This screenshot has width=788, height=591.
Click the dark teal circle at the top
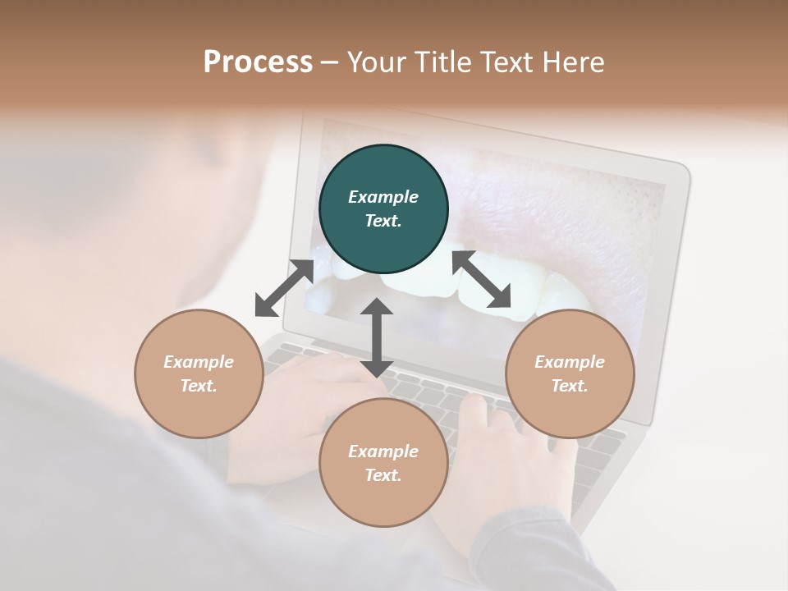tap(383, 209)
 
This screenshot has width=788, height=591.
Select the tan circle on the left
tap(199, 373)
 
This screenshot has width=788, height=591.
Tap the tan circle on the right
tap(570, 373)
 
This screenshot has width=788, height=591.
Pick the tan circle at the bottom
tap(383, 463)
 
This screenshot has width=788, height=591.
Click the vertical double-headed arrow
tap(377, 338)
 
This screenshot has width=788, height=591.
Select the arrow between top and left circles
tap(284, 288)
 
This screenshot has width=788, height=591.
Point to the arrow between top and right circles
tap(482, 280)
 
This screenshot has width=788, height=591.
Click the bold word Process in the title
tap(258, 62)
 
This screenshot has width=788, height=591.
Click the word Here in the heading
tap(573, 62)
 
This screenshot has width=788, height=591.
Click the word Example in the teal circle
tap(383, 197)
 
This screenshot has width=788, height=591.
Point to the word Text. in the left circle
tap(199, 386)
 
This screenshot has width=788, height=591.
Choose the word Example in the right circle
tap(570, 362)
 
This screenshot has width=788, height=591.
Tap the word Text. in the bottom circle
tap(383, 475)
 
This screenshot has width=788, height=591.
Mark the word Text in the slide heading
tap(508, 62)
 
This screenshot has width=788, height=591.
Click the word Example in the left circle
tap(199, 362)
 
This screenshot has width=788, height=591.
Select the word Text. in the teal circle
tap(383, 221)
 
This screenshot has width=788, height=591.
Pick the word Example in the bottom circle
tap(383, 451)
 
